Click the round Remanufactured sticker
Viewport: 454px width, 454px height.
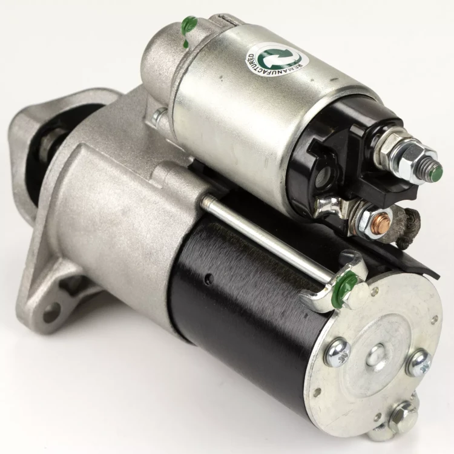[274, 60]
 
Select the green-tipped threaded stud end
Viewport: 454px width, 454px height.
[436, 173]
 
